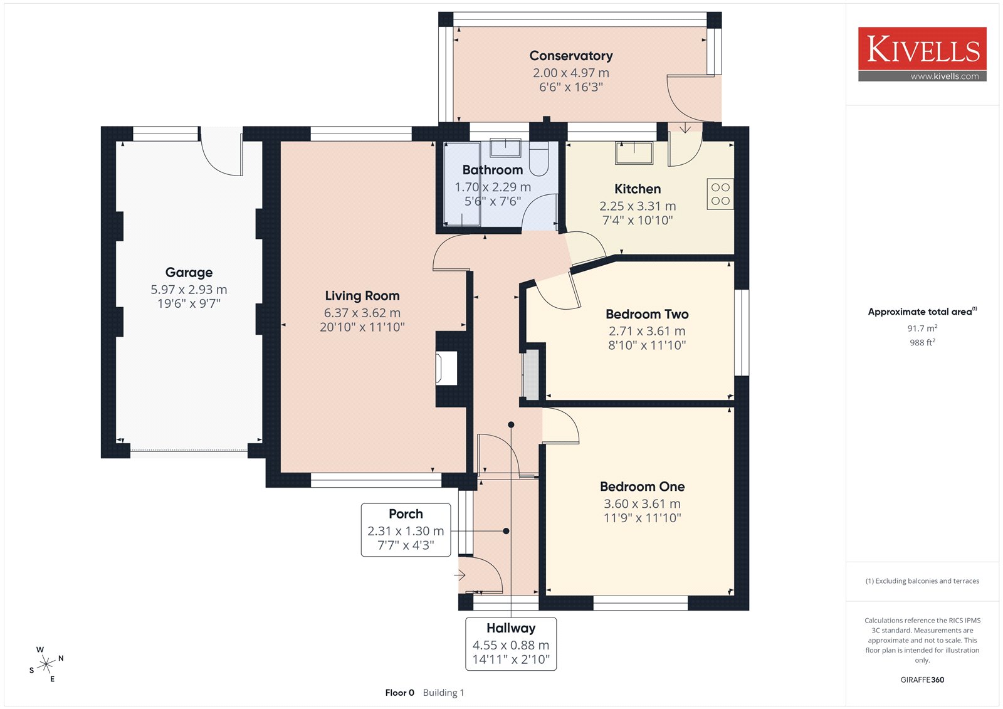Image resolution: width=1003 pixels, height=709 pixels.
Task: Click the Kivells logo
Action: tap(922, 54)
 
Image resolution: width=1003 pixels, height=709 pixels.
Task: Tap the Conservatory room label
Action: tap(571, 56)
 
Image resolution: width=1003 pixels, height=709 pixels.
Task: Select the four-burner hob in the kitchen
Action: tap(720, 194)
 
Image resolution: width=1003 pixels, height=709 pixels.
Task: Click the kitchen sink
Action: tap(634, 153)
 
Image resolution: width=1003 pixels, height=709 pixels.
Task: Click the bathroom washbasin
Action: tap(505, 148)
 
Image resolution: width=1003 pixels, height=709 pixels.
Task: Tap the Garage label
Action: tap(189, 272)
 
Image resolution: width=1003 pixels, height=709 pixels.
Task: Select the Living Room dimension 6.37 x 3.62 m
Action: tap(362, 313)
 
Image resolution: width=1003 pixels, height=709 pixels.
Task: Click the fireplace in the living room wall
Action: tap(447, 368)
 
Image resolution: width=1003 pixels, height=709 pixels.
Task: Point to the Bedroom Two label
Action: tap(647, 314)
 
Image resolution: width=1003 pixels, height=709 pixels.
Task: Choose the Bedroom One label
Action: tap(642, 486)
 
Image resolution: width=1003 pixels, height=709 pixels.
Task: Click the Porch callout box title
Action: tap(406, 513)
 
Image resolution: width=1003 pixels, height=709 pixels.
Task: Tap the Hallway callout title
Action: tap(511, 628)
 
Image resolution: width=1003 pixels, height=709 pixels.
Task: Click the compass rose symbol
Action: tap(46, 664)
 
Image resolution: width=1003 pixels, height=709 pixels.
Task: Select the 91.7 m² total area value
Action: tap(922, 328)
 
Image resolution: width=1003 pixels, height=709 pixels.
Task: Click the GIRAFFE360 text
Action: tap(922, 680)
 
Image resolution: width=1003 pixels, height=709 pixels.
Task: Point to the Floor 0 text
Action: tap(399, 693)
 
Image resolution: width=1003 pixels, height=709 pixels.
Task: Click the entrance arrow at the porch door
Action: tap(460, 575)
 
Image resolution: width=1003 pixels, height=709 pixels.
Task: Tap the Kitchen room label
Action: tap(638, 189)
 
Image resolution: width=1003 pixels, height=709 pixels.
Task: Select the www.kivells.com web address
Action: tap(945, 76)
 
